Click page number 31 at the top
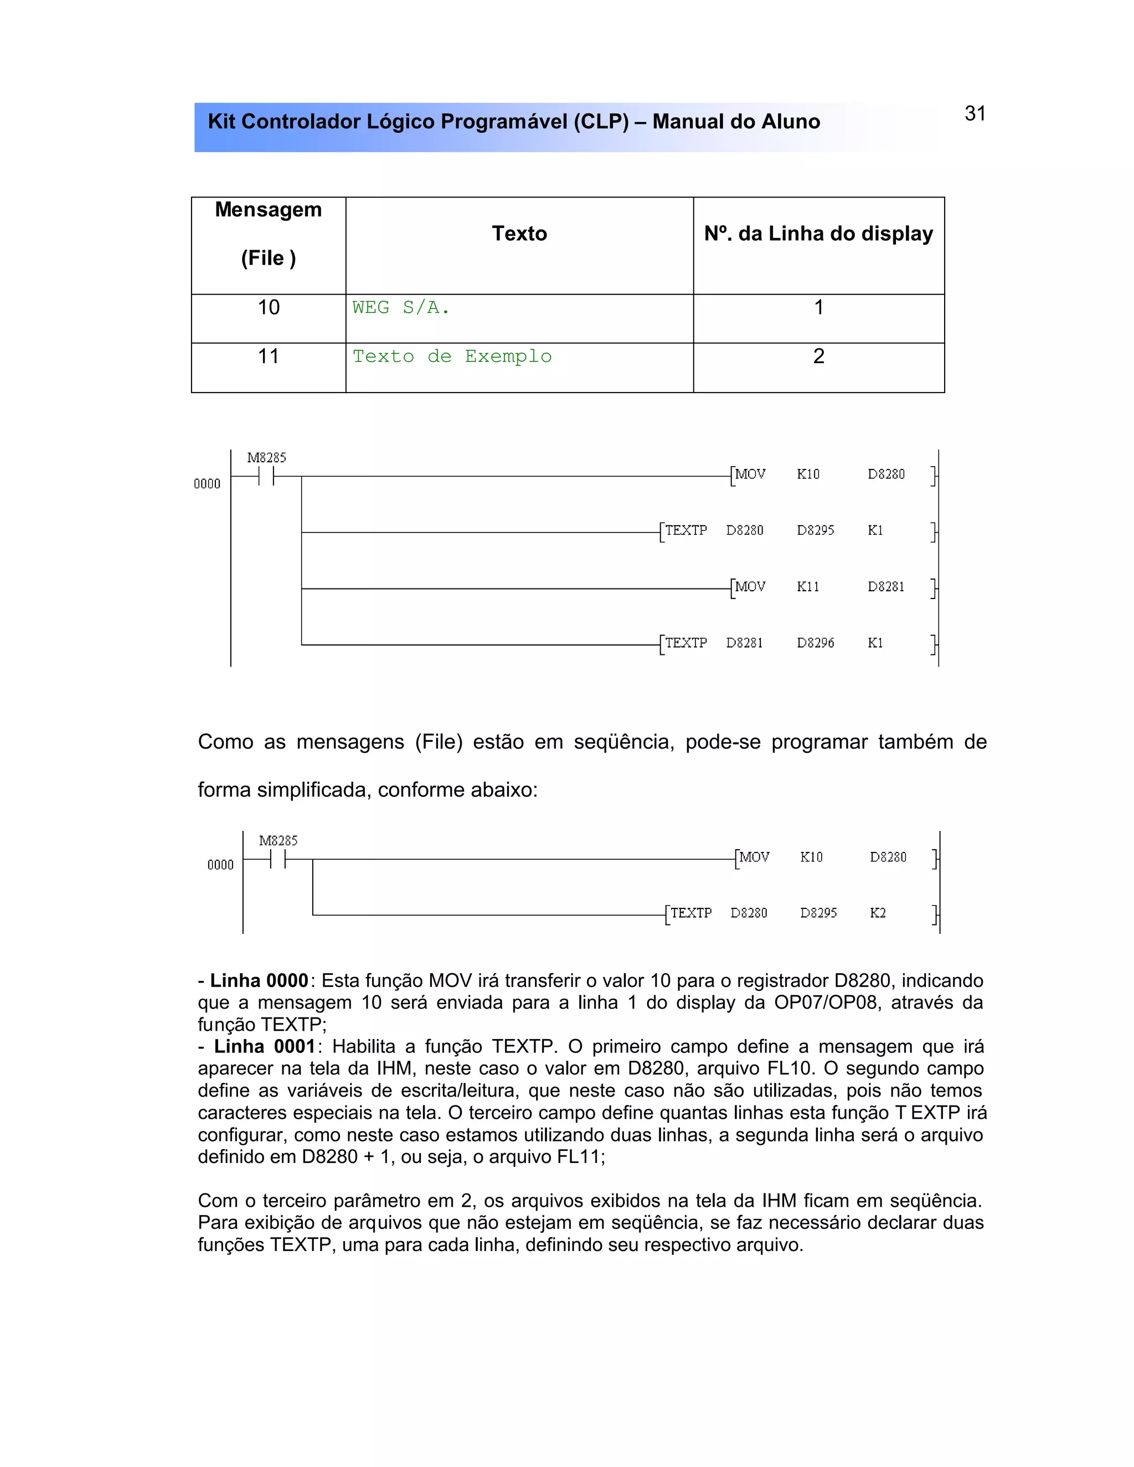975,113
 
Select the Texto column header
519,234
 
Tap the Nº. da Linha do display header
818,234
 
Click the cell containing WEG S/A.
401,308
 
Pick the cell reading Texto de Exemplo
452,357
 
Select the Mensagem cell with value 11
268,357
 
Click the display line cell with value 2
818,357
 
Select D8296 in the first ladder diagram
815,643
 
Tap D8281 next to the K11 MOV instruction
885,587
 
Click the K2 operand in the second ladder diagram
878,913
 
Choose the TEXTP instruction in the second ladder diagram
690,913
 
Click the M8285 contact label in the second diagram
278,841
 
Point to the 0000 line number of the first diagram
207,484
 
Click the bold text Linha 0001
264,1046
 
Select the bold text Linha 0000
259,981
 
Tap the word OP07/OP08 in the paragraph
826,1003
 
